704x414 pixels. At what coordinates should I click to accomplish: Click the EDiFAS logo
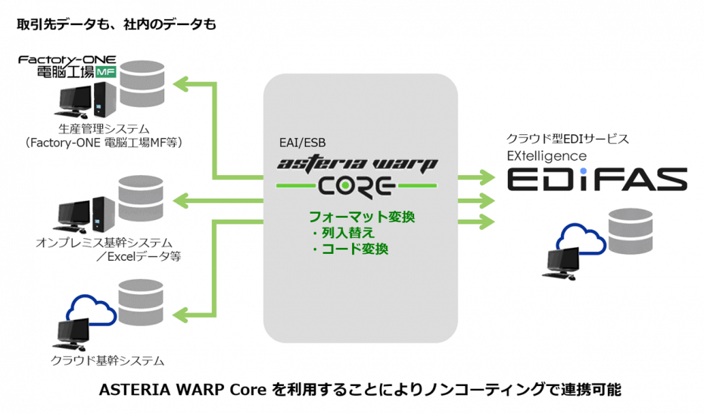pos(596,180)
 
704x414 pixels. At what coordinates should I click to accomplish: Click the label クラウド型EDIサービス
pos(568,140)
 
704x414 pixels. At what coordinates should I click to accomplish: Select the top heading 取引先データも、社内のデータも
pos(117,24)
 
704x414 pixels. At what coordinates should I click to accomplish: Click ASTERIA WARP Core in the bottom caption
pos(184,390)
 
